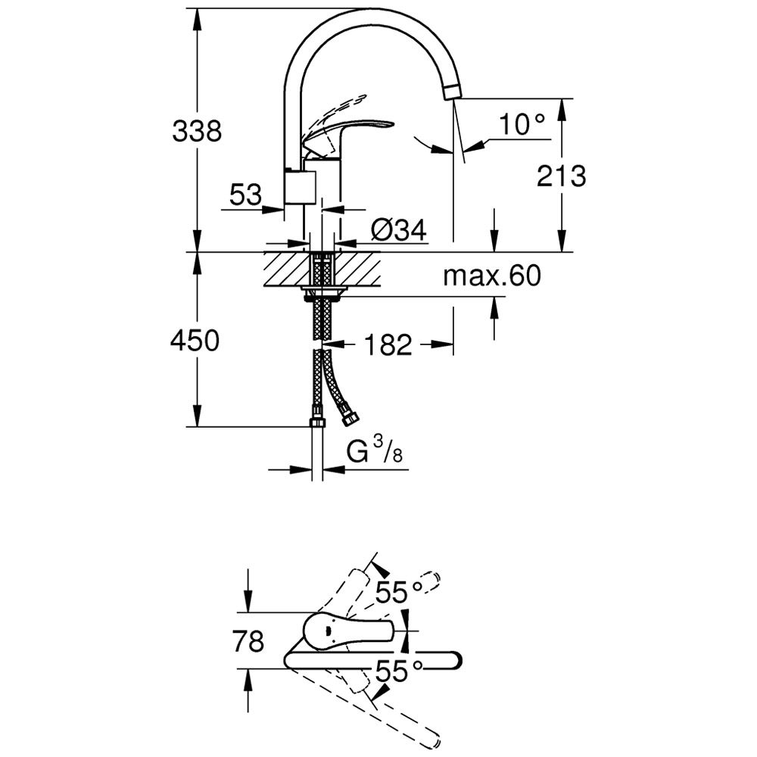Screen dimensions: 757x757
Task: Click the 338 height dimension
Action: [x=197, y=130]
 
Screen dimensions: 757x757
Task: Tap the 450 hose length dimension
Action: [x=195, y=340]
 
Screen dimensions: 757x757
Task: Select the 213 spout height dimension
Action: [x=562, y=176]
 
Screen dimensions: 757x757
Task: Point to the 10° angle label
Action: [x=522, y=124]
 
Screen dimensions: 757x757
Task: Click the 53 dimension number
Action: [x=245, y=195]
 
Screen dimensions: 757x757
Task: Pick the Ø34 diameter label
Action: [x=399, y=230]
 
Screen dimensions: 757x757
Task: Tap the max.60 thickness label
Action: [x=492, y=276]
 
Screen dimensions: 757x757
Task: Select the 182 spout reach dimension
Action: [x=388, y=344]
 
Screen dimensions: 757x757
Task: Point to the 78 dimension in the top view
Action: [x=248, y=641]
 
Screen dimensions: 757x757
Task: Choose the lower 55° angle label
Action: [x=399, y=671]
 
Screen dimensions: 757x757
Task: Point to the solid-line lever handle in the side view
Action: [x=348, y=138]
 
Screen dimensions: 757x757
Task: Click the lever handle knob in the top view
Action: [x=347, y=631]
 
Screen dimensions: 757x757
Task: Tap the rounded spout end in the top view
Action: [x=453, y=660]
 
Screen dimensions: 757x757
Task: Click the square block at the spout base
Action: [x=300, y=187]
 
